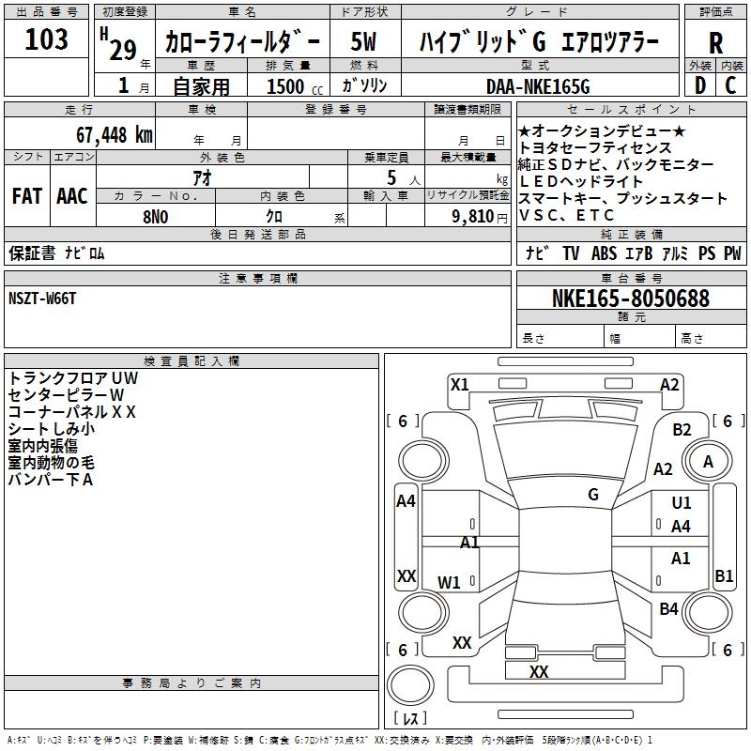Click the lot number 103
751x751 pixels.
(x=47, y=39)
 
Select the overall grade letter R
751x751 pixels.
(x=714, y=43)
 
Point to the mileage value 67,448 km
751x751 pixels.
(x=104, y=134)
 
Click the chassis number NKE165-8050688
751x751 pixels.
(x=630, y=299)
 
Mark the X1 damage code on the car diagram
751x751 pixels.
(x=459, y=384)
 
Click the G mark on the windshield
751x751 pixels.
(x=592, y=494)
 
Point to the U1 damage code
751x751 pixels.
(x=682, y=504)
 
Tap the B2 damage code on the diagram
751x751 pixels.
(x=682, y=430)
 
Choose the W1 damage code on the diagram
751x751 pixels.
(x=450, y=582)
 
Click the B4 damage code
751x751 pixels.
(x=668, y=609)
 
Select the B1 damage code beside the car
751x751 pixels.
(x=724, y=576)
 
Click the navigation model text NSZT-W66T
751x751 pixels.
(x=43, y=299)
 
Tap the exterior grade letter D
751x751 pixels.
(x=699, y=86)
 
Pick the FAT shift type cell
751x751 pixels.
(x=27, y=196)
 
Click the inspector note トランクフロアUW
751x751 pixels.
(x=72, y=378)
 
